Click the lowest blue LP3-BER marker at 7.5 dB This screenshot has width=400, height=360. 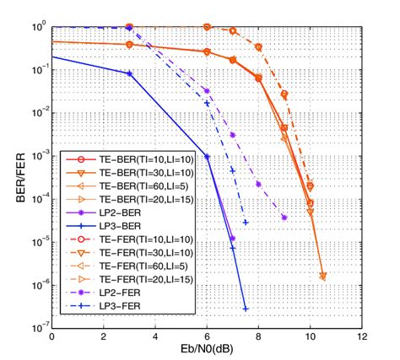point(246,309)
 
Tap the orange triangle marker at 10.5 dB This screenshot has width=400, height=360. point(323,276)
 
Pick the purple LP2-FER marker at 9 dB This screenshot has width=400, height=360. point(284,218)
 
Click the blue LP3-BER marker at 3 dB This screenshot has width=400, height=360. point(129,74)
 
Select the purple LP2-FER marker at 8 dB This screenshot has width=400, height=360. point(258,184)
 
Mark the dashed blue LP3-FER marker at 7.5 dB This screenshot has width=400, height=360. point(246,223)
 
